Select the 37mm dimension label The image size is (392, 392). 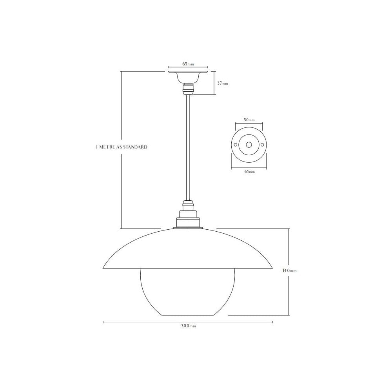[x=222, y=83]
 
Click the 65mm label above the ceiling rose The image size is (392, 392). [x=188, y=64]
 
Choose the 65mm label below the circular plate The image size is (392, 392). [x=249, y=171]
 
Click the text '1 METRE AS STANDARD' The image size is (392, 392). [x=122, y=147]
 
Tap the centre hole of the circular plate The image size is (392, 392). [x=249, y=145]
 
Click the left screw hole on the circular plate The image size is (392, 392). [x=235, y=145]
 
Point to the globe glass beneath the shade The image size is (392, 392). [x=187, y=292]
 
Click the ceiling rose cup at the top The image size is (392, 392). [x=188, y=76]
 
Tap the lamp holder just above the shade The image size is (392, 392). [x=188, y=220]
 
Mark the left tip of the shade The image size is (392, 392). [x=103, y=268]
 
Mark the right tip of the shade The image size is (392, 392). [x=272, y=268]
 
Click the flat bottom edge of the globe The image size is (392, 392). [x=188, y=315]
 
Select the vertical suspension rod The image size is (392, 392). [x=188, y=149]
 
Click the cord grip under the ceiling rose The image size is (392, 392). [x=188, y=89]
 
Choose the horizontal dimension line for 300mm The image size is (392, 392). [x=149, y=322]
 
